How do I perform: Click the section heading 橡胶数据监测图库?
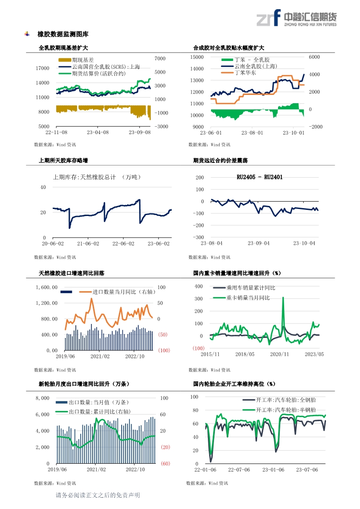click(x=63, y=34)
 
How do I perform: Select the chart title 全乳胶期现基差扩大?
click(x=63, y=48)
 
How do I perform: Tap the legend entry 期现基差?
click(x=83, y=60)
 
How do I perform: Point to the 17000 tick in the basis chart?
click(x=42, y=68)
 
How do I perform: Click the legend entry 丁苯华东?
click(x=245, y=73)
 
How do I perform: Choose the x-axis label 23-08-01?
click(x=252, y=133)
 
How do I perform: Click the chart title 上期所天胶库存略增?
click(x=63, y=161)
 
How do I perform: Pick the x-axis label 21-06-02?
click(x=88, y=243)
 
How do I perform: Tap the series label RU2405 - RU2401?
click(x=259, y=177)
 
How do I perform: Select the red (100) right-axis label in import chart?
click(x=164, y=351)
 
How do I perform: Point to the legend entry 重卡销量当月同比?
click(x=248, y=298)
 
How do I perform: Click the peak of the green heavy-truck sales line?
click(x=283, y=298)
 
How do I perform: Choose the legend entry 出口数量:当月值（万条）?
click(x=94, y=403)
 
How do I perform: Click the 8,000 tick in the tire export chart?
click(x=42, y=398)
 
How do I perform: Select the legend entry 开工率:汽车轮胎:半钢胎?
click(x=286, y=410)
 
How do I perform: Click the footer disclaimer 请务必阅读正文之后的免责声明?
click(x=98, y=495)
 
